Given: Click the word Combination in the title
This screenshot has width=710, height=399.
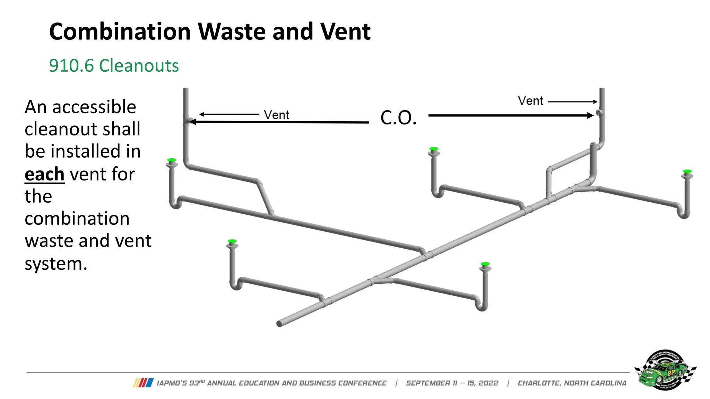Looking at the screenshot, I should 120,32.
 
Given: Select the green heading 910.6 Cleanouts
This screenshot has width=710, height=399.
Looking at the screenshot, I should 114,65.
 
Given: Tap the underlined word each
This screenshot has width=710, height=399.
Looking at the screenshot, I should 44,174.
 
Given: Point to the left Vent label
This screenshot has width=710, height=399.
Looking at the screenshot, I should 276,115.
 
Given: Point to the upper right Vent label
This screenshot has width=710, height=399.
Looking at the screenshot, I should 530,101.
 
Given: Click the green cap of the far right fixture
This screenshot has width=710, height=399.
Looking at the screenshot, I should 687,171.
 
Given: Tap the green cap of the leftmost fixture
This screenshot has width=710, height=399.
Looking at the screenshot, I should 172,160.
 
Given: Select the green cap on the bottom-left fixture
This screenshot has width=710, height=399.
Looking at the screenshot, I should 232,241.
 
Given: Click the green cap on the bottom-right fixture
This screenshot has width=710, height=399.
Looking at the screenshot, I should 485,264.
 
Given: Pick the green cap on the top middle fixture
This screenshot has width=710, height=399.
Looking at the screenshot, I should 433,149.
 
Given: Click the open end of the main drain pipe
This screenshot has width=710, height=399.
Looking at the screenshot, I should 279,324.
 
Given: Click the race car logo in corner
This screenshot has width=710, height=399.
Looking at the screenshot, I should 665,370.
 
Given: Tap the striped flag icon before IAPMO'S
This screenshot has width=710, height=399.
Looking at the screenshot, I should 143,383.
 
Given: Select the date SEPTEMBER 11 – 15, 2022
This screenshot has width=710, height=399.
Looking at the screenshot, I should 452,383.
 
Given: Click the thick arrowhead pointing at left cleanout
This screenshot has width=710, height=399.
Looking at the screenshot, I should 192,122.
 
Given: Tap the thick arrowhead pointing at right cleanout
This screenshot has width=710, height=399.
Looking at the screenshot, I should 590,115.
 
